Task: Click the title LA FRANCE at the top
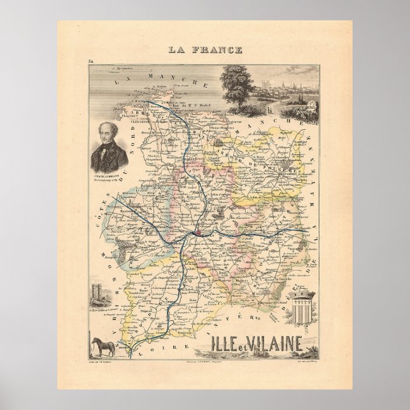click(x=205, y=49)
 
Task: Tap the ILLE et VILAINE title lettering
click(x=255, y=347)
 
